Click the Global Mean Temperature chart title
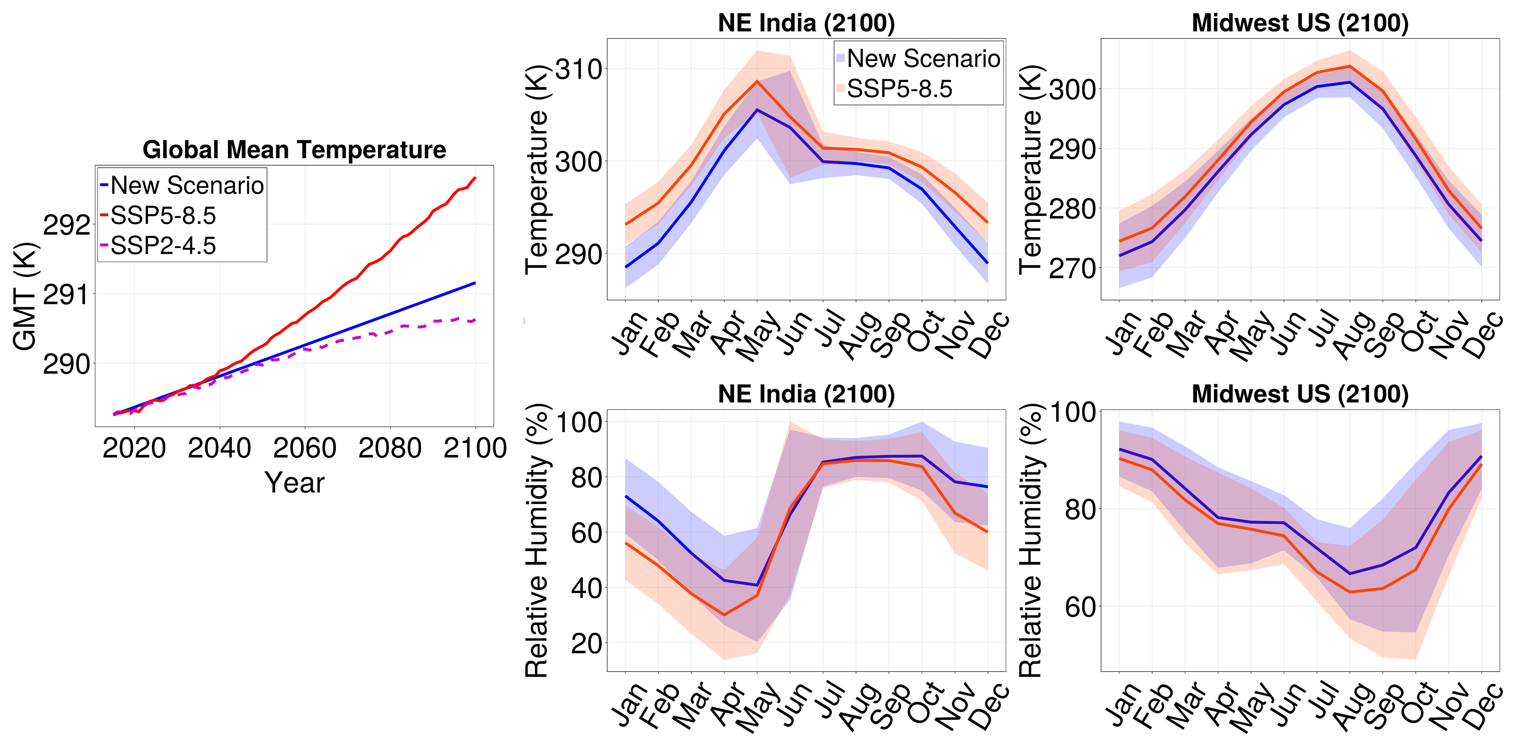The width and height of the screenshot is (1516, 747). tap(294, 150)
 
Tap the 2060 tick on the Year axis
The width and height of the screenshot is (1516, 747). tap(304, 448)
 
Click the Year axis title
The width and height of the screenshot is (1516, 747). tap(294, 483)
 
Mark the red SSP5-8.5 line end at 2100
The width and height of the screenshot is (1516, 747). tap(475, 178)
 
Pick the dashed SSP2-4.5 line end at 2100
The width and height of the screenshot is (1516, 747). tap(475, 320)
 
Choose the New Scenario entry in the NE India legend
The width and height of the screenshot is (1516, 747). tap(923, 58)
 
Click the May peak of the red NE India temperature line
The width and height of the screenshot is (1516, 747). tap(757, 81)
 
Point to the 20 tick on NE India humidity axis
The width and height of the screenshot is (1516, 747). tap(586, 644)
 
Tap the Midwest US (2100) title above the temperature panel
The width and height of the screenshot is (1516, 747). tap(1300, 23)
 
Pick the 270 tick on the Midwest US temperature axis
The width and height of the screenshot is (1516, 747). tap(1072, 269)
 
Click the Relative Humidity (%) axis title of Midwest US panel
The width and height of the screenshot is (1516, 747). tap(1031, 540)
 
